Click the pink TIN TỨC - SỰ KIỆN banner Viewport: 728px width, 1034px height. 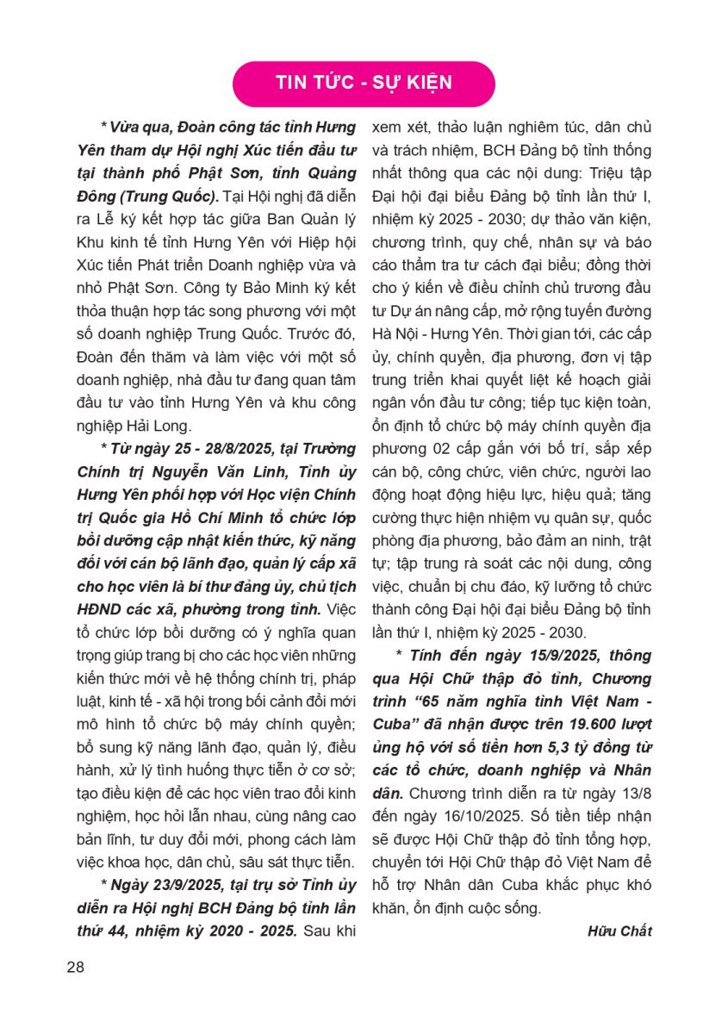[364, 83]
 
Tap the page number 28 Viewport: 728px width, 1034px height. [75, 966]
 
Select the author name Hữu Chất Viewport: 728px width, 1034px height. [619, 931]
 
